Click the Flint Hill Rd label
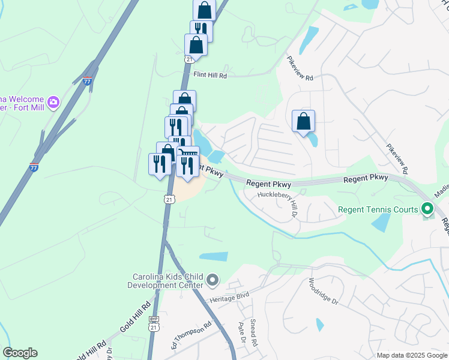tap(210, 76)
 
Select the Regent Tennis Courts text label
tap(378, 209)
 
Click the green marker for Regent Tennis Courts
tap(427, 209)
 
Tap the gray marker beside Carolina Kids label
tap(212, 280)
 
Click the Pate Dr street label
tap(241, 332)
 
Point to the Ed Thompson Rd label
tap(191, 334)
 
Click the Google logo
tap(20, 353)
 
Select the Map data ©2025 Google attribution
tap(412, 355)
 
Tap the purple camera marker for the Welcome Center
tap(53, 103)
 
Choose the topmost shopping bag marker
tap(205, 10)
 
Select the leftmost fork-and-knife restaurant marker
tap(160, 164)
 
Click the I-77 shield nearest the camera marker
tap(88, 80)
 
